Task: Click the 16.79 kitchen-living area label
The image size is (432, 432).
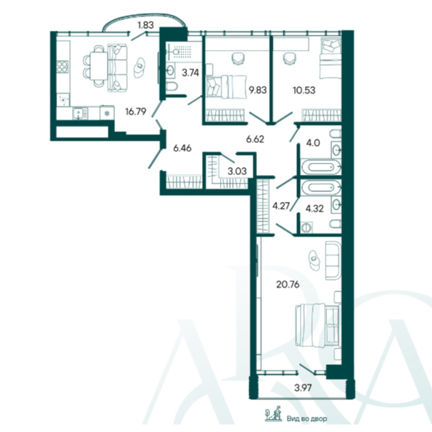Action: [136, 111]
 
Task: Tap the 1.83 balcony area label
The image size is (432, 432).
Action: [146, 25]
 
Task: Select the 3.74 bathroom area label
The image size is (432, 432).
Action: [191, 73]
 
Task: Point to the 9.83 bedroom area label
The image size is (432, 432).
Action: [258, 90]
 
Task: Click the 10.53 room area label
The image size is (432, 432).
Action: [304, 90]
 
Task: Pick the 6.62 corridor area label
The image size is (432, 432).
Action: [255, 139]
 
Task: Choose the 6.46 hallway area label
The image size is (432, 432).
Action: [182, 149]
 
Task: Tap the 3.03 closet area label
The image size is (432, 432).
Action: [237, 171]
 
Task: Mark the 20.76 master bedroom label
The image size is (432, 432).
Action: [288, 284]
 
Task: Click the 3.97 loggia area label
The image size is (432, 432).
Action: [303, 388]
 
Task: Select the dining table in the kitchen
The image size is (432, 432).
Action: [99, 66]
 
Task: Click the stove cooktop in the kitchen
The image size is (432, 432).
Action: [62, 66]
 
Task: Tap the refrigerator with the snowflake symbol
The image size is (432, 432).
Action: [107, 113]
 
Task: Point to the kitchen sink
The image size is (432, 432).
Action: [81, 114]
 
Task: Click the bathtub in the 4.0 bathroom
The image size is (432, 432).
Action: [321, 166]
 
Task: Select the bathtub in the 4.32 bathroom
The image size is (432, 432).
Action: [321, 188]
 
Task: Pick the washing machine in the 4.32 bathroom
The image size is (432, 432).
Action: [306, 227]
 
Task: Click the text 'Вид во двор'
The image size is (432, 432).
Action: [307, 418]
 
